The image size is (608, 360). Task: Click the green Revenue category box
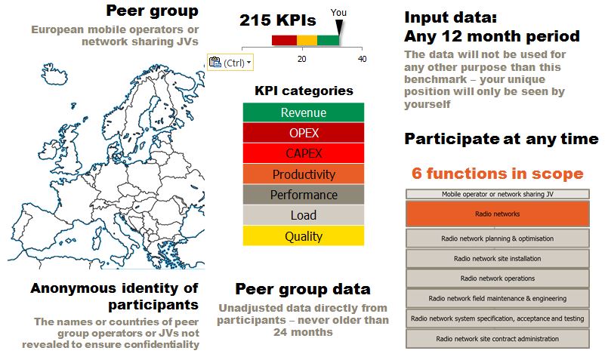[303, 112]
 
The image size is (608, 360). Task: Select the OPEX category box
[303, 133]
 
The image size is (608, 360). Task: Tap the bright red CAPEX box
[303, 153]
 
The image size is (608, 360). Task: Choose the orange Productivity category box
[303, 174]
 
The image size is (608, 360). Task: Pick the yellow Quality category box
[303, 235]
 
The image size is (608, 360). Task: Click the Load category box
[303, 215]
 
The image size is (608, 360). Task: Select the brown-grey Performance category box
[303, 195]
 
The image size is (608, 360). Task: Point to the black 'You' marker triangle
[339, 26]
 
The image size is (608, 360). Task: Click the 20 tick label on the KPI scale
[301, 59]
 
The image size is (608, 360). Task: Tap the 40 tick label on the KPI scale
[362, 59]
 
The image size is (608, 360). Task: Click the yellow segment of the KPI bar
[307, 40]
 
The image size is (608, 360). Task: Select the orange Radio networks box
[498, 214]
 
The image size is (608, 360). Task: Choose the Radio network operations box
[498, 278]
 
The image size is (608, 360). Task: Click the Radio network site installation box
[498, 258]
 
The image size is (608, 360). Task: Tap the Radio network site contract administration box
[498, 339]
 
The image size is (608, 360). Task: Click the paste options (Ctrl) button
[230, 63]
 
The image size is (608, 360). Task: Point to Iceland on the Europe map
[54, 74]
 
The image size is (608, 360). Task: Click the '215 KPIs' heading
[278, 20]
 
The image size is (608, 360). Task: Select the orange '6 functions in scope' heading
[498, 174]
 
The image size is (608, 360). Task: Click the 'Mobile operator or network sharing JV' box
[498, 194]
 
